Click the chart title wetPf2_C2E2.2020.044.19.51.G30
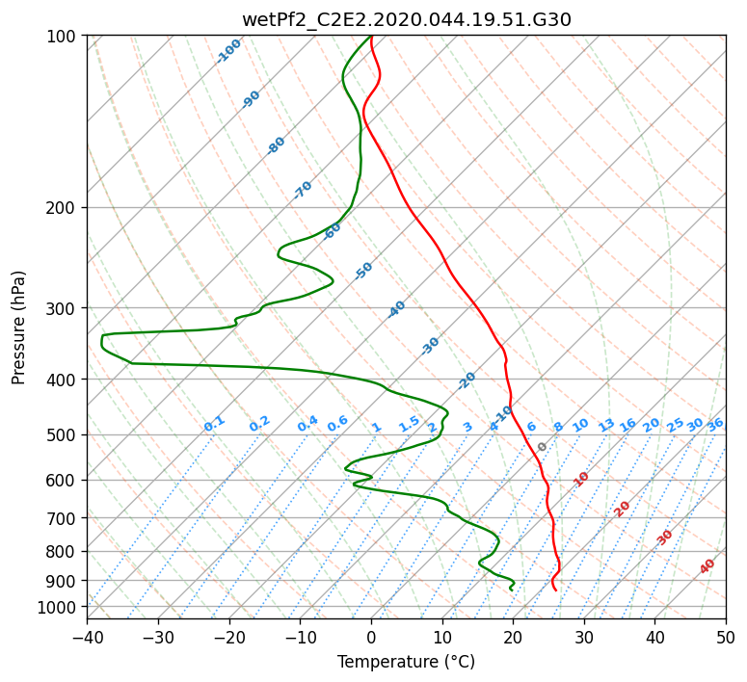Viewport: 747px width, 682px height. coord(407,19)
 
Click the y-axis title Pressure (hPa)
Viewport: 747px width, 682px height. coord(17,328)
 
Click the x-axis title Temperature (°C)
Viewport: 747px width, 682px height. coord(407,662)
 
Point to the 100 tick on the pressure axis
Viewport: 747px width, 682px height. coord(64,36)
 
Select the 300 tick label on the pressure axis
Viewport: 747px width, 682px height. coord(64,308)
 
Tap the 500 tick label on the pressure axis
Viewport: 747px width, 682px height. coord(64,434)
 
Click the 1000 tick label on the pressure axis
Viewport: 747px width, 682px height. coord(60,607)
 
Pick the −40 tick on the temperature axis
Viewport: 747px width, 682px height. coord(87,637)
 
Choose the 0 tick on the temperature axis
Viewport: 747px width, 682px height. coord(371,637)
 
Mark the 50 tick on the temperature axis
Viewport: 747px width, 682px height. coord(726,637)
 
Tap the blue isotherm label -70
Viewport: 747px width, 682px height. coord(303,190)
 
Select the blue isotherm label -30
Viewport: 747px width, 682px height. coord(430,346)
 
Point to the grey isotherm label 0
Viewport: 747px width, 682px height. coord(542,447)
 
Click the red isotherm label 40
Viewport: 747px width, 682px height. coord(707,566)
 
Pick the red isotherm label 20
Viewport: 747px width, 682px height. coord(622,510)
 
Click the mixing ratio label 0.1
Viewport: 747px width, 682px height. coord(214,424)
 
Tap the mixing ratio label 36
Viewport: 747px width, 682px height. coord(715,426)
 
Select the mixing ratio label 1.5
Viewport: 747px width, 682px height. coord(410,424)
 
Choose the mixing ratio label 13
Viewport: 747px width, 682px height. coord(606,426)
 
